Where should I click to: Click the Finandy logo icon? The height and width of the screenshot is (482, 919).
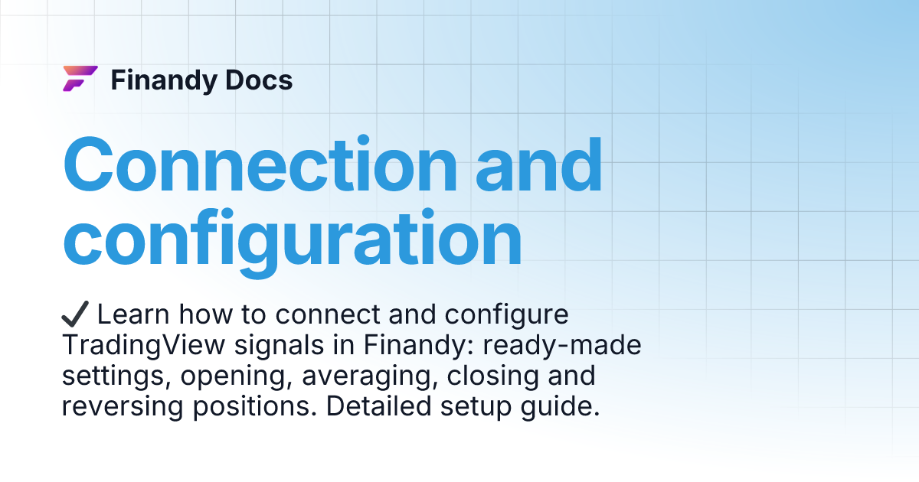[80, 79]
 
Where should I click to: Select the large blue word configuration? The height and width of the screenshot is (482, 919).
[292, 239]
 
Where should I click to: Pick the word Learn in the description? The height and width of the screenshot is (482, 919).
[130, 314]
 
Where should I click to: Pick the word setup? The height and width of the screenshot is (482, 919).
[473, 407]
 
